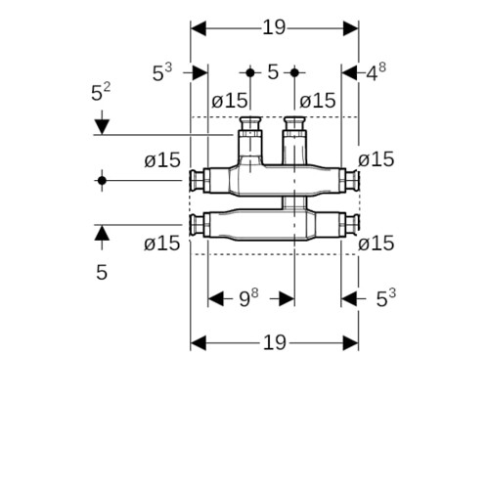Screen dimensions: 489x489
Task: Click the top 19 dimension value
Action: [274, 27]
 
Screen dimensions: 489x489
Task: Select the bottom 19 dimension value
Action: [275, 342]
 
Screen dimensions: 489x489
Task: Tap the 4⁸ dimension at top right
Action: [376, 72]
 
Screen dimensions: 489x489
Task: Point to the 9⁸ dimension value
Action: [248, 297]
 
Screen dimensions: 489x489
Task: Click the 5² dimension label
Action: [101, 92]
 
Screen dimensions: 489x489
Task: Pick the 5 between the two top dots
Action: [273, 72]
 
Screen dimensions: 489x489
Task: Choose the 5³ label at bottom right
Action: [386, 298]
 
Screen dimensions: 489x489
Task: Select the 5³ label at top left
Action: [162, 72]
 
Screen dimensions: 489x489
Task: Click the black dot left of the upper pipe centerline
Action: [102, 180]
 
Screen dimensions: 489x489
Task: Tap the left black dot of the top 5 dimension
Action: [250, 72]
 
